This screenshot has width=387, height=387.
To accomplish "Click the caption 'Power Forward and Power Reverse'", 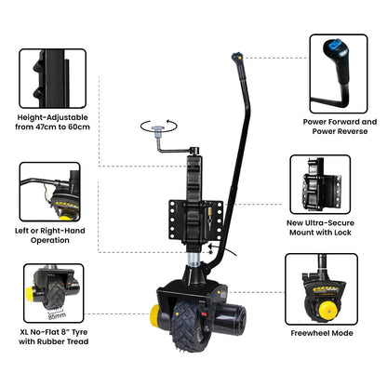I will (x=341, y=127).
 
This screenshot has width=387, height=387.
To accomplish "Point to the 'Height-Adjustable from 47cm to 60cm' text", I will (x=53, y=123).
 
